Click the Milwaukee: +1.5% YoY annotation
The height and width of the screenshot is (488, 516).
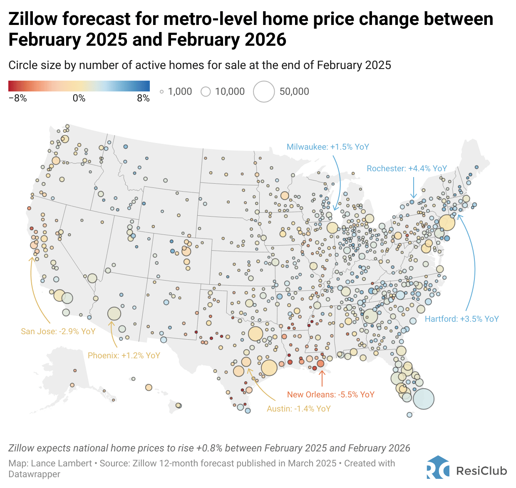point(327,147)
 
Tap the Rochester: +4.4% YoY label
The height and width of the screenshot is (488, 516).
point(407,168)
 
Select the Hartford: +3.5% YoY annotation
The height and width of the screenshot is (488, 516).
point(461,319)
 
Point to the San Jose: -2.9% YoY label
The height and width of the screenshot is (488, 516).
point(58,331)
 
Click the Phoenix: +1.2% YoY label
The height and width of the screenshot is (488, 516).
point(124,355)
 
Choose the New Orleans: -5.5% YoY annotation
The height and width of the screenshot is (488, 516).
point(330,394)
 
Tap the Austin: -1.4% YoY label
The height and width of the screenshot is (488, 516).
point(298,409)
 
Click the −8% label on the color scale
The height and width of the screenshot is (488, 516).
point(17,99)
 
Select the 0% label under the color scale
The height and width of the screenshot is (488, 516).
point(79,99)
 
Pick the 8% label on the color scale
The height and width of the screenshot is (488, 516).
point(143,99)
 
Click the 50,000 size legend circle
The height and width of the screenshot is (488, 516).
point(264,91)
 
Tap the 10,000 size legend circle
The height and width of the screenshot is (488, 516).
point(206,91)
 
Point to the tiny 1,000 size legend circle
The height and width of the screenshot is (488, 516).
point(162,92)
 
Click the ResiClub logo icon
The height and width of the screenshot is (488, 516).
point(438,468)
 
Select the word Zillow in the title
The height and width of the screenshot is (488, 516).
point(33,19)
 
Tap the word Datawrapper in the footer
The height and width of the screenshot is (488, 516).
point(34,474)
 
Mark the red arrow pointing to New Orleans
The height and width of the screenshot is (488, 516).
point(321,378)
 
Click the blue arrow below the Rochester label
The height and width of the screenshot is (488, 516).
point(413,187)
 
